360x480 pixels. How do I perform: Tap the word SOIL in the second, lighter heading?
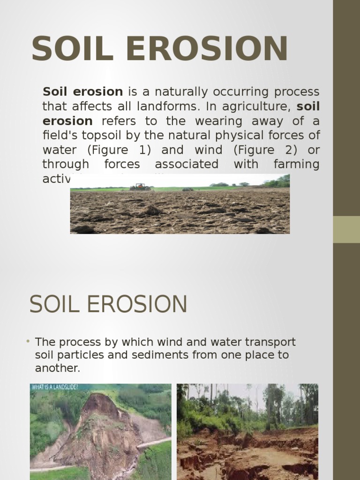pos(51,305)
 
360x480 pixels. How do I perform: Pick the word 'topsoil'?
pos(90,135)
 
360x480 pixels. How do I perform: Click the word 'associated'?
pos(187,165)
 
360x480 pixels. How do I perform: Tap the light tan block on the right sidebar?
pos(346,229)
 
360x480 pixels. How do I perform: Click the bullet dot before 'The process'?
pos(28,341)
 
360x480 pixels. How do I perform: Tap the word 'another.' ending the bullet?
pos(58,368)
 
